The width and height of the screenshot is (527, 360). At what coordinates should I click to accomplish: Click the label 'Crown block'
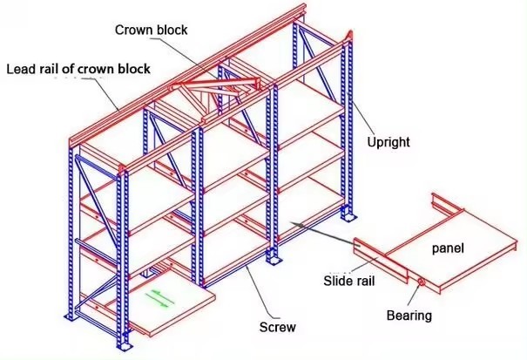(151, 31)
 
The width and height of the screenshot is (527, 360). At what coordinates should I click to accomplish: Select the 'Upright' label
(388, 140)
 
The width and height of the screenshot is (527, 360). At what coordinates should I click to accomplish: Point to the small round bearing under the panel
(421, 283)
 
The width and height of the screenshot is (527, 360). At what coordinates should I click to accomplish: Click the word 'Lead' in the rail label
(22, 68)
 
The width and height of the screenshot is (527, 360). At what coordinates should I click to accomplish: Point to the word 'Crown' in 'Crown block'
(133, 31)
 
